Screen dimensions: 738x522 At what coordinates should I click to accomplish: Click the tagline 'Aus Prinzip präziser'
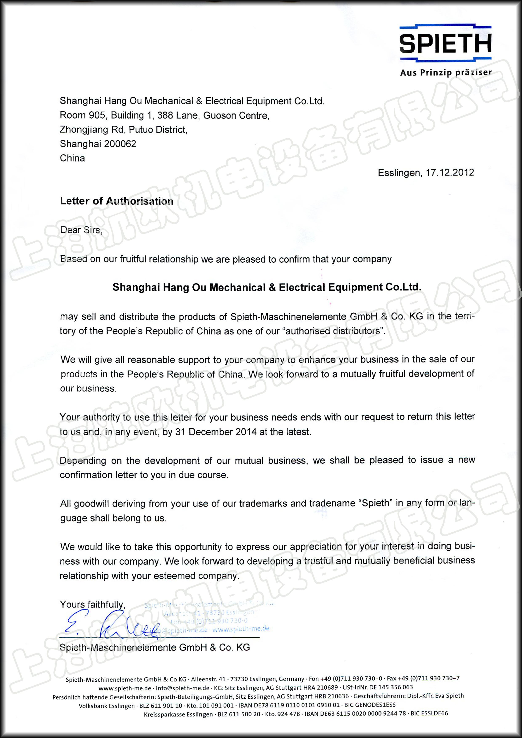[x=446, y=73]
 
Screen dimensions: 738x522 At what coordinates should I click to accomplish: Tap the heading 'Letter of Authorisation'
[x=116, y=201]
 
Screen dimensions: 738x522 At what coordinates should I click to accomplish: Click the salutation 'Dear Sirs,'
[x=81, y=230]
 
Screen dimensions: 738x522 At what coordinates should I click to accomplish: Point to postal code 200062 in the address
[x=120, y=144]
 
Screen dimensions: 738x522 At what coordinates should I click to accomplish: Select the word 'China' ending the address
[x=72, y=158]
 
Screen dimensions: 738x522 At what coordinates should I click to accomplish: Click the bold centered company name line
[x=266, y=287]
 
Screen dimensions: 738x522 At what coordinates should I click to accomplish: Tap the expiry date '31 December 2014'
[x=216, y=432]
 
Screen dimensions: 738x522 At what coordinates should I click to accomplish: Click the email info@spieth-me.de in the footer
[x=182, y=688]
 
